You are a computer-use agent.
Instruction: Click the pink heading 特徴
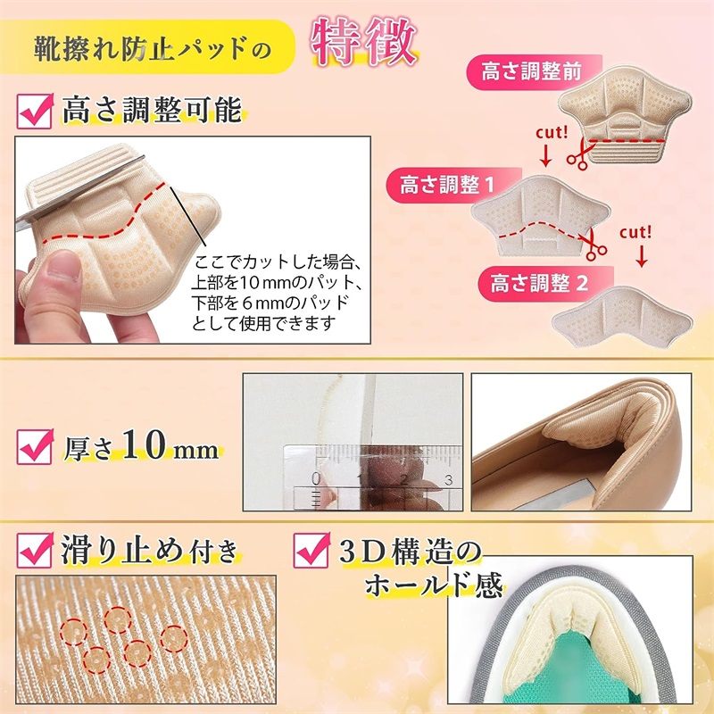(364, 41)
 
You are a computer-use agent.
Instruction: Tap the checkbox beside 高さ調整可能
(35, 111)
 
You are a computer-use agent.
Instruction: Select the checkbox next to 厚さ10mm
(35, 446)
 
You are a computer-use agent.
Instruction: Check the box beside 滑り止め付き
(35, 550)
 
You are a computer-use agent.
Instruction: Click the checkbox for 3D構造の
(311, 550)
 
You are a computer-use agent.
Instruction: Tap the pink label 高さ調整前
(534, 72)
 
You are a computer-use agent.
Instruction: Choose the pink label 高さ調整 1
(453, 185)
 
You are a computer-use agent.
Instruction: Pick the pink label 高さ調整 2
(545, 284)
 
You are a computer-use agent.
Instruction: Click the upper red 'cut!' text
(552, 132)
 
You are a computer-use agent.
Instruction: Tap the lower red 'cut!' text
(635, 232)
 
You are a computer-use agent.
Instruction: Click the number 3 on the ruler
(449, 480)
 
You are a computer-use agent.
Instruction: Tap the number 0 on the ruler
(316, 479)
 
